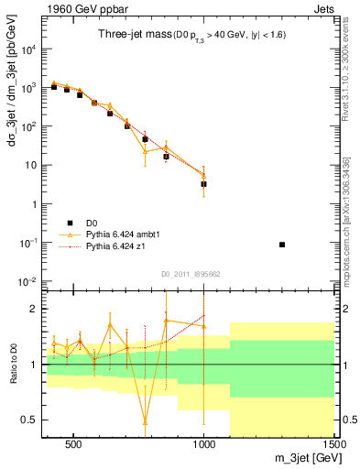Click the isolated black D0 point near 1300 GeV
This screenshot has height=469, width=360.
click(282, 245)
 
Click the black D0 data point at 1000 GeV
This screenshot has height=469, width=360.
click(204, 184)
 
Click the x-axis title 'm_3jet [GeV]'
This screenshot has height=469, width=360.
click(302, 457)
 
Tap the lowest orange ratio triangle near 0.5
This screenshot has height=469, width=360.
click(145, 422)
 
